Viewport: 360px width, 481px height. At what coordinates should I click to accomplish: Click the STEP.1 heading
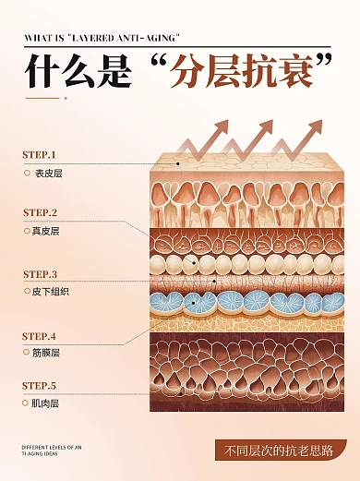39,154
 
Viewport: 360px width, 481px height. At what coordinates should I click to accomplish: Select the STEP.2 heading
40,212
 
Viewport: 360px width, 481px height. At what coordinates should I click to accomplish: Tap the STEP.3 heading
40,274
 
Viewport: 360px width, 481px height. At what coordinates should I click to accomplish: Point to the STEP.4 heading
39,336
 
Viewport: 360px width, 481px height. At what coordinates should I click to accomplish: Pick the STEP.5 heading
39,385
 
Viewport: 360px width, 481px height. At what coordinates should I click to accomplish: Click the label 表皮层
48,173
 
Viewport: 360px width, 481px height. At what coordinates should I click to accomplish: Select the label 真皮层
45,231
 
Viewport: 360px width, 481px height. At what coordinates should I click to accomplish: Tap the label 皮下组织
52,291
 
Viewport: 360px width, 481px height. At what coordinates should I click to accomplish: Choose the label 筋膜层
46,353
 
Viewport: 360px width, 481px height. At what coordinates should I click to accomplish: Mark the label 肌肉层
46,403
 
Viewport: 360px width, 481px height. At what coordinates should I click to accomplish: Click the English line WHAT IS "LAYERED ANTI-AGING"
102,38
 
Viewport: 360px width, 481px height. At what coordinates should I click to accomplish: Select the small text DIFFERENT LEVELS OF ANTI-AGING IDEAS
52,451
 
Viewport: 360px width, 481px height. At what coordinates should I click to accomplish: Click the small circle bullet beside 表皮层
27,173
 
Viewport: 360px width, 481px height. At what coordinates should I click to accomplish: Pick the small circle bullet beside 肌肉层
27,403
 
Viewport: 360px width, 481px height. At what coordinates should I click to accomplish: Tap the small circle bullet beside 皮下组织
27,291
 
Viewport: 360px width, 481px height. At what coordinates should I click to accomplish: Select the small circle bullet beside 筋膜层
27,353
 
